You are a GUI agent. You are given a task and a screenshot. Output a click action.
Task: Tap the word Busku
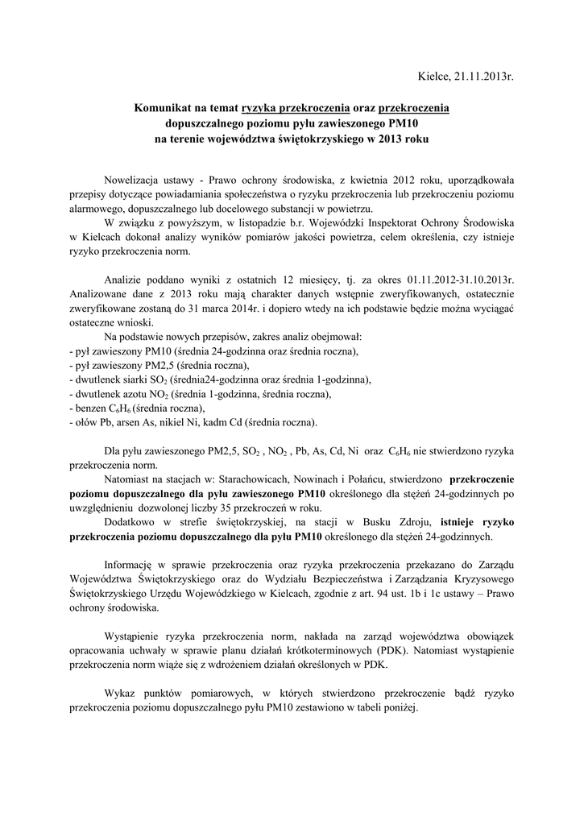(x=384, y=522)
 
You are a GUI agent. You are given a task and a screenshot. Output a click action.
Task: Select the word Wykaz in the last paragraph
(x=122, y=694)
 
